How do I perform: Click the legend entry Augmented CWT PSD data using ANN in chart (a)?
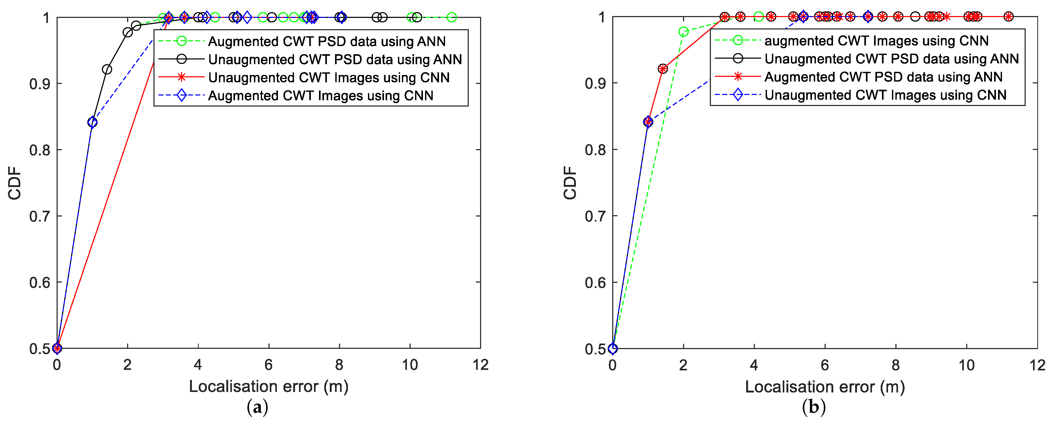click(327, 41)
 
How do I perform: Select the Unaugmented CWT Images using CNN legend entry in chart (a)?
click(329, 78)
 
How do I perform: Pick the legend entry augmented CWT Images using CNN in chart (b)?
click(876, 41)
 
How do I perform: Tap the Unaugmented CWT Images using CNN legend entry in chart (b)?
click(885, 95)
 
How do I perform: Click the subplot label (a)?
click(258, 407)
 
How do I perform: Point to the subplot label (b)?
click(814, 407)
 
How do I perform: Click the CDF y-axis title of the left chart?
click(15, 183)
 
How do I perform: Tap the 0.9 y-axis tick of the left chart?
click(40, 84)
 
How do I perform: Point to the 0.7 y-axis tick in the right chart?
click(595, 216)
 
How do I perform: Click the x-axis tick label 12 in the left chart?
click(481, 365)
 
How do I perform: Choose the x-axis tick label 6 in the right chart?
click(825, 365)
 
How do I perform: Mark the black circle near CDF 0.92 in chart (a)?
click(107, 69)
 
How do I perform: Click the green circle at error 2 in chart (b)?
click(683, 32)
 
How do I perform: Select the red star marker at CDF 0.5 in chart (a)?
click(57, 348)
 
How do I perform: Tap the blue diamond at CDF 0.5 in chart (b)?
click(612, 348)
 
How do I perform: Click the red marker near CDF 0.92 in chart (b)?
click(663, 69)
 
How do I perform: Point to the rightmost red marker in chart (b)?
click(1008, 17)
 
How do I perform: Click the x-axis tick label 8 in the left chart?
click(339, 365)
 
